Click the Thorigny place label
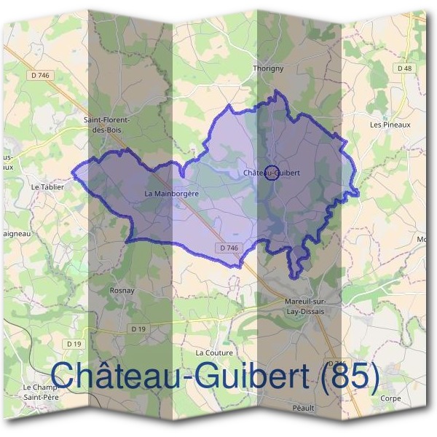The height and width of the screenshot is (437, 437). point(267,68)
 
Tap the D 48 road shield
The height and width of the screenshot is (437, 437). point(404,68)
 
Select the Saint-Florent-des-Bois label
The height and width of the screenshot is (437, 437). point(107,125)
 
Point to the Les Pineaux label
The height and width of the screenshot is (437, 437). point(390,125)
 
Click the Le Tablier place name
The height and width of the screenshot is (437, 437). point(48,186)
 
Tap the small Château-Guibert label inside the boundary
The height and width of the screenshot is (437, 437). point(272,173)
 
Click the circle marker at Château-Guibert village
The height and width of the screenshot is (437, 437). point(269,173)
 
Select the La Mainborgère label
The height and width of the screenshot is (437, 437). point(172,194)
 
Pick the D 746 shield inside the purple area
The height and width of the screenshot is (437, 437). point(228,248)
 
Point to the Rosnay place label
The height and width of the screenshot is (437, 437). point(122,290)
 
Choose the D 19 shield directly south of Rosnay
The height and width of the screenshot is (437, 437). point(138,330)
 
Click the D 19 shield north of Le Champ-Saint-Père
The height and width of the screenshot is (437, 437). point(74,343)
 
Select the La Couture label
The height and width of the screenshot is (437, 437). point(214,353)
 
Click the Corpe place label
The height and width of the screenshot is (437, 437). point(390,399)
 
